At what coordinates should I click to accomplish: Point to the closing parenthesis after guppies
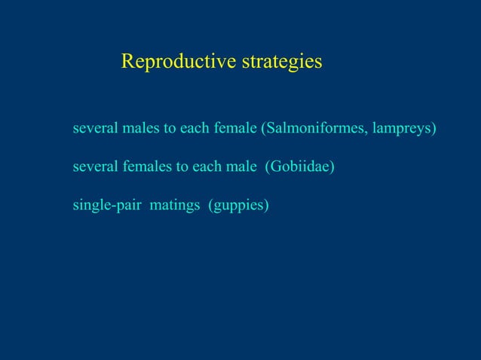coord(265,204)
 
